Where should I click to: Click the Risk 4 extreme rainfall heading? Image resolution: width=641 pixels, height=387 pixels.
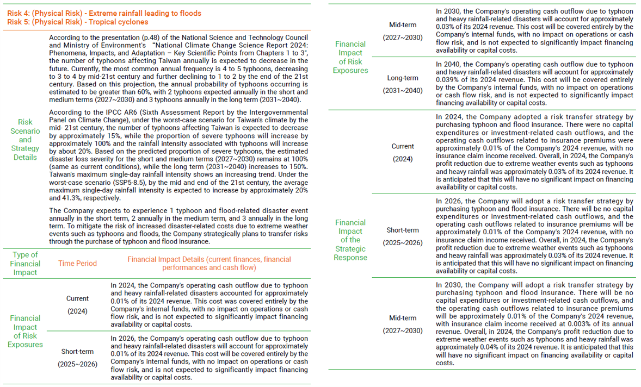pyautogui.click(x=104, y=13)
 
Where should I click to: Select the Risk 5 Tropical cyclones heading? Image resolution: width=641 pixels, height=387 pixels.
pyautogui.click(x=77, y=22)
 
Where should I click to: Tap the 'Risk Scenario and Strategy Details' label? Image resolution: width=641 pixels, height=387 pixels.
pyautogui.click(x=25, y=139)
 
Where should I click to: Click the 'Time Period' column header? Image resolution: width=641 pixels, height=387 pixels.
pyautogui.click(x=77, y=264)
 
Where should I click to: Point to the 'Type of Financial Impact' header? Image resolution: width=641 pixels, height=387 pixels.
pyautogui.click(x=25, y=264)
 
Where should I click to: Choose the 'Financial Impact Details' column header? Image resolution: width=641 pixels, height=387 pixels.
pyautogui.click(x=209, y=264)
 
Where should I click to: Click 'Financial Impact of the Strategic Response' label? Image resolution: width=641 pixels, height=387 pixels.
pyautogui.click(x=350, y=240)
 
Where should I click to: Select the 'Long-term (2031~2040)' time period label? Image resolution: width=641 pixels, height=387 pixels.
pyautogui.click(x=403, y=84)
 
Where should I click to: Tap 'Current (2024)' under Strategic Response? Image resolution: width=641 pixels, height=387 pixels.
pyautogui.click(x=403, y=153)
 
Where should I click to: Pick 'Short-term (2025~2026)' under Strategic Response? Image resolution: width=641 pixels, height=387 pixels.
pyautogui.click(x=403, y=236)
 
